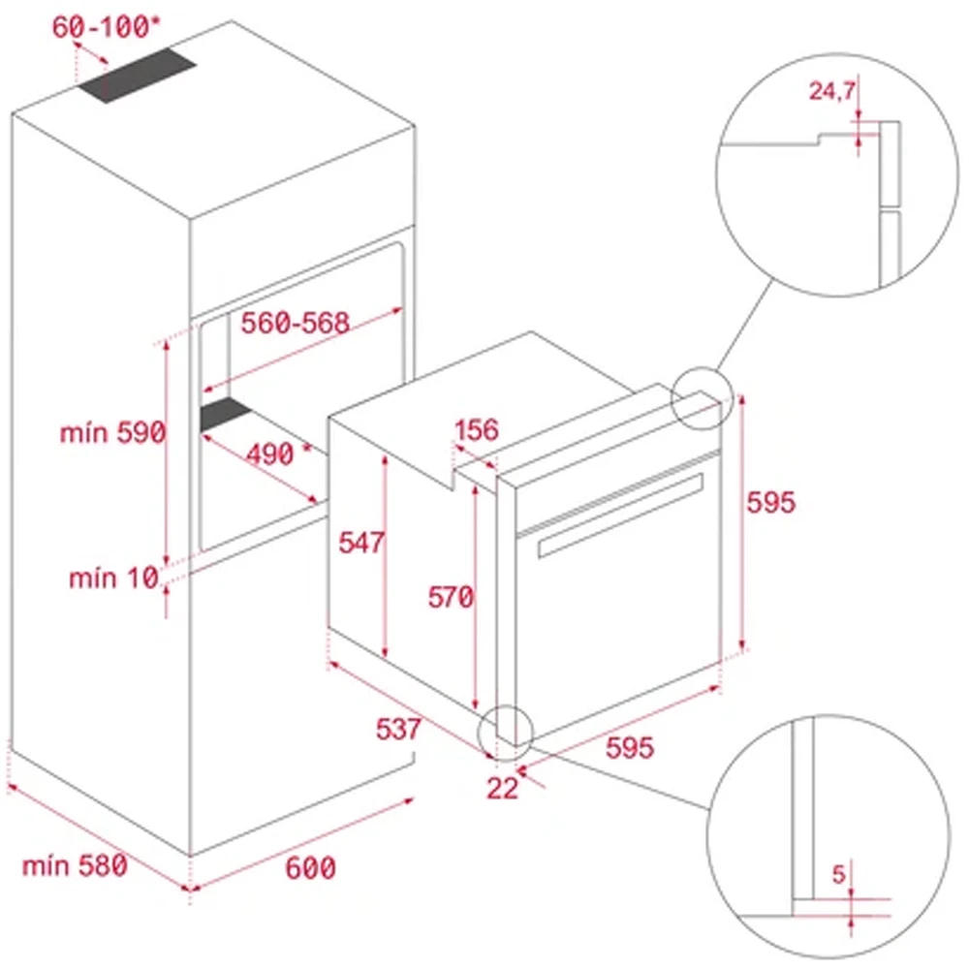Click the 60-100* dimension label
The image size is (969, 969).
tap(99, 28)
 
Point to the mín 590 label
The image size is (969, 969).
tap(112, 433)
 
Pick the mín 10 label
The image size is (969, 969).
tap(112, 578)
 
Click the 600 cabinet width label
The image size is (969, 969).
tap(310, 868)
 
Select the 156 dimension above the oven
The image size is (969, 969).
tap(476, 430)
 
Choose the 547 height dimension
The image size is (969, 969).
tap(361, 543)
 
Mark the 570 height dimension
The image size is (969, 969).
tap(452, 598)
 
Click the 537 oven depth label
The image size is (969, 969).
tap(398, 728)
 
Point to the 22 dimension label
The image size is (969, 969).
tap(502, 788)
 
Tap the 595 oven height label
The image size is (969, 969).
tap(770, 502)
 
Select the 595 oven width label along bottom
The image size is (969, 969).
tap(631, 747)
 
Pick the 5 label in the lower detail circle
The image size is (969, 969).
tap(839, 873)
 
